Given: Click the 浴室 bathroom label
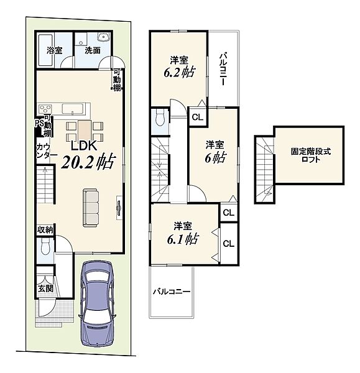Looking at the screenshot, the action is (55, 50).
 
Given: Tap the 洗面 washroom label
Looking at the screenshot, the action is (93, 50).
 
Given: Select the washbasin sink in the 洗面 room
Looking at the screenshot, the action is (103, 37).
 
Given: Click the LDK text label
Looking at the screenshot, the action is (84, 145).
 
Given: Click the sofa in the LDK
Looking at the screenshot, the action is (91, 208).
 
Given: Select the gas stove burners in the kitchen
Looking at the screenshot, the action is (45, 109).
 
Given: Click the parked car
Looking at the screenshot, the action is (98, 304).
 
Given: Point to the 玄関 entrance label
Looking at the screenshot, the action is (45, 288).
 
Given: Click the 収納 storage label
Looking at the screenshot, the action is (45, 230).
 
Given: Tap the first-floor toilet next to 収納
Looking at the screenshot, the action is (45, 247).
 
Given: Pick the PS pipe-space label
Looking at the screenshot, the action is (39, 123).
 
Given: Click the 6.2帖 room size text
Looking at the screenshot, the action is (180, 72).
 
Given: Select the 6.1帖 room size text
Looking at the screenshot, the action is (183, 239).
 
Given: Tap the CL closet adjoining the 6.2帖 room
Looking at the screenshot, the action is (198, 117).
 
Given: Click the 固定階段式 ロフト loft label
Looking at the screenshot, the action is (310, 155).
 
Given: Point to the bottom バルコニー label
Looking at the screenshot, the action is (172, 292).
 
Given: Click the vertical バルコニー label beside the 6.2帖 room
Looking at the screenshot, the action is (223, 69).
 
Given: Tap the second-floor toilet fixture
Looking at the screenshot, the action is (159, 117).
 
